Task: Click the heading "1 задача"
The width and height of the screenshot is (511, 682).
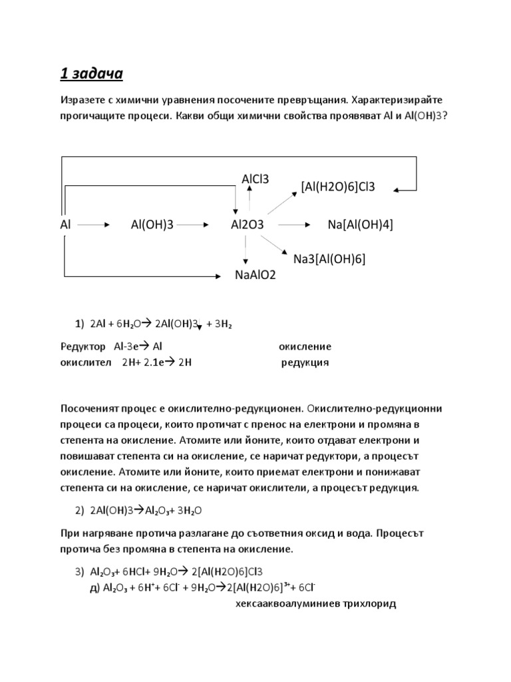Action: tap(92, 74)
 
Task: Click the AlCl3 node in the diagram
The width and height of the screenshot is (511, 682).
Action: tap(255, 178)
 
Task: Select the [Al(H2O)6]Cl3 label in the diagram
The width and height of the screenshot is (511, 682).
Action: tap(338, 186)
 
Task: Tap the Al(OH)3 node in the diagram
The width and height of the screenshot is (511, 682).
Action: tap(152, 225)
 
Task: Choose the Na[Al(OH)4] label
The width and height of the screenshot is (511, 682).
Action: tap(361, 225)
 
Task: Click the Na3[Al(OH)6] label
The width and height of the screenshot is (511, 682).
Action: tap(329, 258)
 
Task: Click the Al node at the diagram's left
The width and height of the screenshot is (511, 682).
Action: tap(65, 225)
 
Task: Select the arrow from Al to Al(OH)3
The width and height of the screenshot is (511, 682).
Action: tap(97, 225)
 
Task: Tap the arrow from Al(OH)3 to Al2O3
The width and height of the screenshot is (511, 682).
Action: tap(194, 225)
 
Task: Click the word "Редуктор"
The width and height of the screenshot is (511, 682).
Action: tap(83, 347)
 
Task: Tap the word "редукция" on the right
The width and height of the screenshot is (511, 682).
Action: tap(305, 363)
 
